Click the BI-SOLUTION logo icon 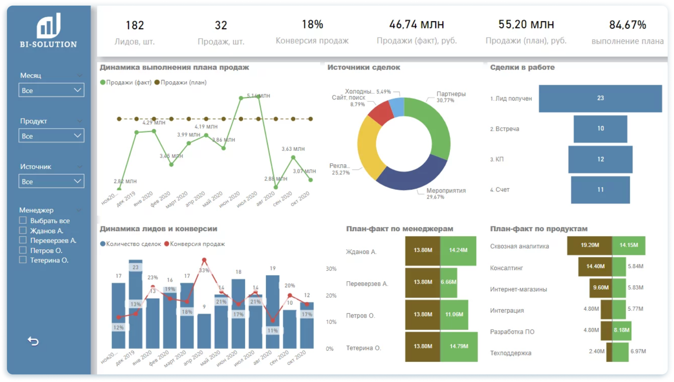coord(49,26)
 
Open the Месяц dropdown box coord(51,90)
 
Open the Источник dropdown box coord(51,182)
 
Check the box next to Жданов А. coord(23,230)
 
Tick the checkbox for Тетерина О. coord(23,260)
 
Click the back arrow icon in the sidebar coord(33,341)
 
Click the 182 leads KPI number coord(135,25)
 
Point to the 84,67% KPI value coord(627,25)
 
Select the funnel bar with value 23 coord(600,98)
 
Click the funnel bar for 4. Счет coord(600,190)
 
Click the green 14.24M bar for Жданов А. coord(458,251)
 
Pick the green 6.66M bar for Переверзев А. coord(449,282)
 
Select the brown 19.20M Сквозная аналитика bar coord(589,245)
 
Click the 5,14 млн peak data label coord(259,96)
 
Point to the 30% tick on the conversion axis coord(331,269)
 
